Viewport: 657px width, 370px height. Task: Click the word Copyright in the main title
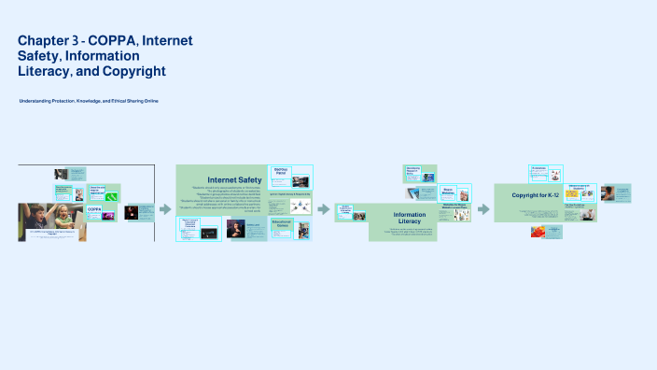point(135,71)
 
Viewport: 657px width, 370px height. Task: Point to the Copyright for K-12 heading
point(539,195)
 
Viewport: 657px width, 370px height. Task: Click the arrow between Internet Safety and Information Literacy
point(324,209)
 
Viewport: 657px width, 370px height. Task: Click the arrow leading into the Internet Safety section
point(165,209)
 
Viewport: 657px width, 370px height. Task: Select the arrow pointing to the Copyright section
point(483,209)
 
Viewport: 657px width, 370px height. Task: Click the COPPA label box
point(95,210)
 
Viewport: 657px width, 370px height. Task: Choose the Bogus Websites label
point(454,192)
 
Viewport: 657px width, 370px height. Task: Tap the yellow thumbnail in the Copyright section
point(571,195)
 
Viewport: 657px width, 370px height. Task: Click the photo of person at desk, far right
point(608,192)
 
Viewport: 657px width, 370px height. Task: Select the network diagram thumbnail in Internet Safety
point(300,206)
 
